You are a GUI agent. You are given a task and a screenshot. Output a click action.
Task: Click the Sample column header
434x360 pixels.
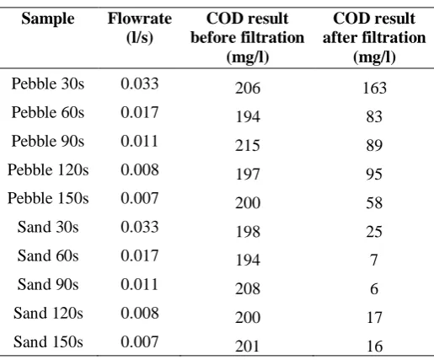point(48,19)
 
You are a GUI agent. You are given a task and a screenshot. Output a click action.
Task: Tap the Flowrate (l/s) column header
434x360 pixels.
point(140,28)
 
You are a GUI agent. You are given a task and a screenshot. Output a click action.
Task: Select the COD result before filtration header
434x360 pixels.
point(248,37)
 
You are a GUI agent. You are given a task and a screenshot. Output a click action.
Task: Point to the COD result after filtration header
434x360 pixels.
point(374,37)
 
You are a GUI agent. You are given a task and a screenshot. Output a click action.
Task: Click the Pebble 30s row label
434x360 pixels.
point(48,83)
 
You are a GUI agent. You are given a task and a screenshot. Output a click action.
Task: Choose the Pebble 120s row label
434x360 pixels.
point(48,169)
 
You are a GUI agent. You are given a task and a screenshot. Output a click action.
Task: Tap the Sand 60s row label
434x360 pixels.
point(48,255)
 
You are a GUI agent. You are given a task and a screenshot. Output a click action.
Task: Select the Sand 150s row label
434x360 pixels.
point(48,341)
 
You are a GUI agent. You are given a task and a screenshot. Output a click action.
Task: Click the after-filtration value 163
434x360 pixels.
point(374,88)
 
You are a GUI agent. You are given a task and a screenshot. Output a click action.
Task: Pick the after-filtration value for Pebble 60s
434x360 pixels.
point(374,116)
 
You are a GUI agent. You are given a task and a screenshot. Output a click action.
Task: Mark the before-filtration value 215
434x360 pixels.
point(248,145)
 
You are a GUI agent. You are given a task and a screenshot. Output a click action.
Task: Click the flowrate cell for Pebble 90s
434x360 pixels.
point(139,141)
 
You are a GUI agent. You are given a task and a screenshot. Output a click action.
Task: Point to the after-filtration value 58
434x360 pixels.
point(374,202)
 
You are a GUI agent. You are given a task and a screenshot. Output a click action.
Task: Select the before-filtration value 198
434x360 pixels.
point(248,231)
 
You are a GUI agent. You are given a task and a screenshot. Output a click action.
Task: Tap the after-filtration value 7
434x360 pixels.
point(374,260)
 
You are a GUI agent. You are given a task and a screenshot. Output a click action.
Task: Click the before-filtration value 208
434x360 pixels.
point(248,288)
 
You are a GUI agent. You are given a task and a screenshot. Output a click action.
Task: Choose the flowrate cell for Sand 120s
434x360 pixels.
point(140,313)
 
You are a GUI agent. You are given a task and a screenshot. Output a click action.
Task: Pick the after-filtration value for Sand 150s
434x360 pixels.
point(375,346)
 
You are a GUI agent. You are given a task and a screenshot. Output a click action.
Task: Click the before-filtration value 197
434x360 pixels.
point(248,174)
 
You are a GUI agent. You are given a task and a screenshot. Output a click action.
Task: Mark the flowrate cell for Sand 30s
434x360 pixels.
point(140,227)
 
